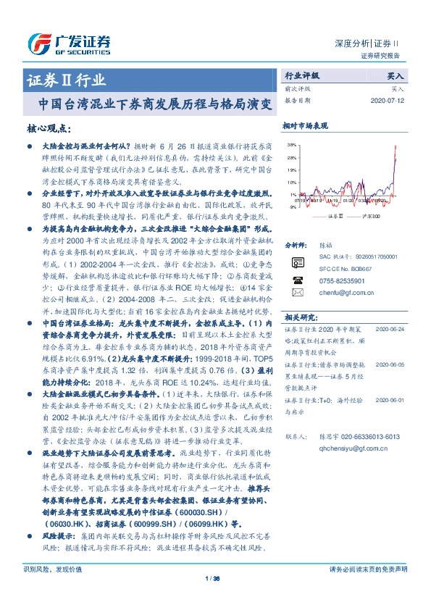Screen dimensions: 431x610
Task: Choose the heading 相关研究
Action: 299,317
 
